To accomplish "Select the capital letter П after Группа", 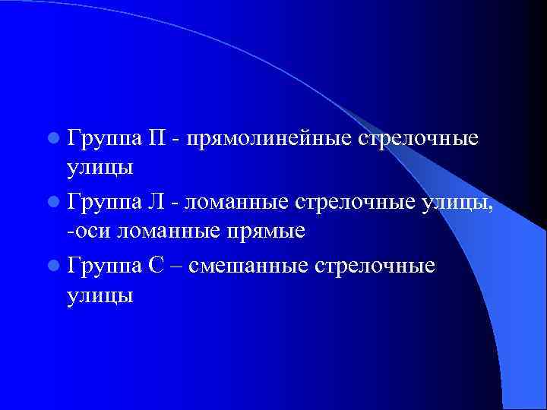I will tap(158, 139).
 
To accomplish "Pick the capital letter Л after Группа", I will tap(157, 203).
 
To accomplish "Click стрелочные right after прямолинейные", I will tap(417, 139).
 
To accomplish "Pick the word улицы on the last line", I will tap(100, 295).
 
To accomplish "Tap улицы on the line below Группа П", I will tap(100, 168).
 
